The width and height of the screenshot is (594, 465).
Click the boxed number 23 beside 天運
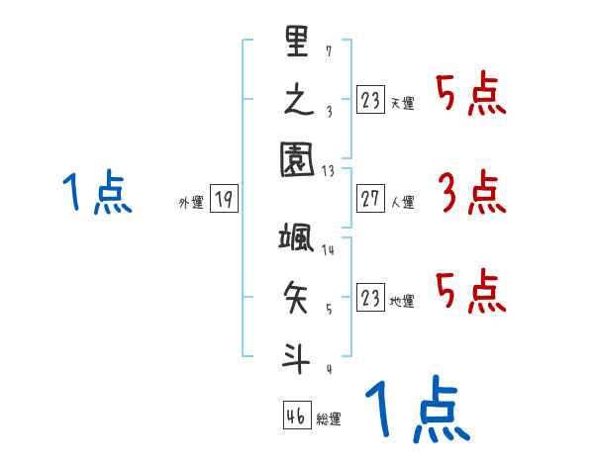click(371, 100)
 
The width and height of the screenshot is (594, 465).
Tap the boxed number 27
click(371, 200)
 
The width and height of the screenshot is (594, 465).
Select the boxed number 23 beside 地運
click(371, 299)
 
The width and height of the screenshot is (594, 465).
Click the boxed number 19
click(224, 200)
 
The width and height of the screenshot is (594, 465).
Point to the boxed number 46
click(296, 416)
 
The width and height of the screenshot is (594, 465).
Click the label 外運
click(191, 203)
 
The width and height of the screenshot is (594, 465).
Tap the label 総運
click(329, 419)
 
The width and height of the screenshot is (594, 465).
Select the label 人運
click(403, 203)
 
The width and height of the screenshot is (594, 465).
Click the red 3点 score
click(471, 193)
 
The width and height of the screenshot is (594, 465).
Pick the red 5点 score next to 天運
click(471, 94)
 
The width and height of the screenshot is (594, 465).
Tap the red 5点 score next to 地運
click(471, 292)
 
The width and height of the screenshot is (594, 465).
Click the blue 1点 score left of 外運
click(97, 193)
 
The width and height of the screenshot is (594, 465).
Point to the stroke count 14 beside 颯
click(329, 249)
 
